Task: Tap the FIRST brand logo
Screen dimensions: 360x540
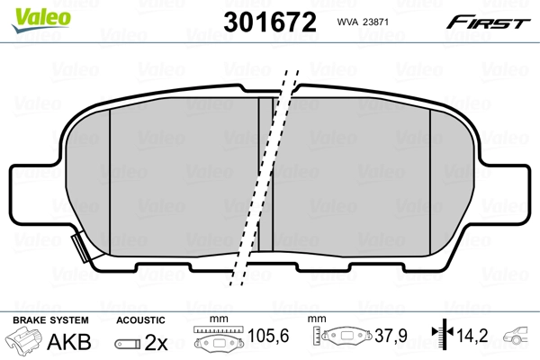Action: pyautogui.click(x=491, y=22)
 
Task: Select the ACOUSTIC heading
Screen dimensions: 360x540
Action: pyautogui.click(x=140, y=320)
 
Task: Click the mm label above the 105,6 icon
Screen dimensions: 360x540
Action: pyautogui.click(x=215, y=320)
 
